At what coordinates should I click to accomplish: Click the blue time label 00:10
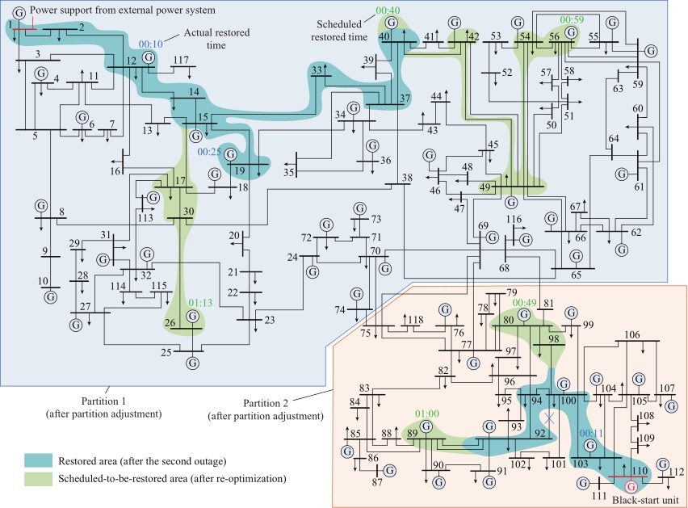[150, 44]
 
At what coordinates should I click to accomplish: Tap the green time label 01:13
[200, 303]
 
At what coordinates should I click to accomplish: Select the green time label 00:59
[572, 19]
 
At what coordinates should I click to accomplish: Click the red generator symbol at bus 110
[631, 486]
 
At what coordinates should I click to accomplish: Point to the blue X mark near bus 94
[549, 418]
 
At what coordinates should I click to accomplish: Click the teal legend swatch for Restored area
[38, 460]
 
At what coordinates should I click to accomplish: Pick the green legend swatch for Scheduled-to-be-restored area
[38, 479]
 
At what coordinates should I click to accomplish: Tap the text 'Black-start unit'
[645, 500]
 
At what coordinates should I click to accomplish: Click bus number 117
[181, 60]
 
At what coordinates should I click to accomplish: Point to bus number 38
[407, 178]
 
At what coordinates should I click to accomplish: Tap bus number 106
[631, 334]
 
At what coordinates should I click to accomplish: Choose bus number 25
[166, 352]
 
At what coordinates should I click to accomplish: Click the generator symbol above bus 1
[19, 13]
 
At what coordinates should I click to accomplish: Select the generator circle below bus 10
[51, 297]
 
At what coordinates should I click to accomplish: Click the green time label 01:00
[427, 414]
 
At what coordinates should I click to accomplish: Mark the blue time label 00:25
[209, 152]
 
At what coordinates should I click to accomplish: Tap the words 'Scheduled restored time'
[339, 31]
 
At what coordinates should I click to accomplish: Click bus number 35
[288, 172]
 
